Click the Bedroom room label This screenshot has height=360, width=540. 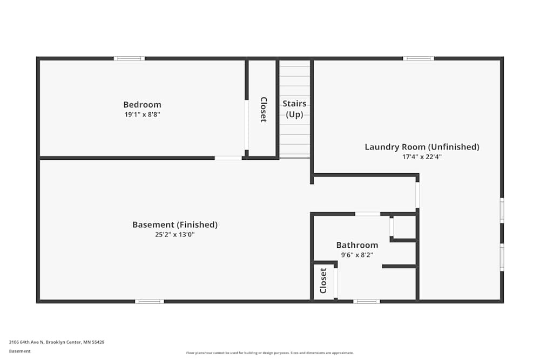pyautogui.click(x=142, y=105)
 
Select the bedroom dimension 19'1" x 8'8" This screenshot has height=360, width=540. pyautogui.click(x=142, y=114)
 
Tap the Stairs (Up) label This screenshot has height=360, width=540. pyautogui.click(x=294, y=108)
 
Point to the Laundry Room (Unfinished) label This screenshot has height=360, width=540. pyautogui.click(x=422, y=147)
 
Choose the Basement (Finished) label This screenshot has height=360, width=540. pyautogui.click(x=175, y=225)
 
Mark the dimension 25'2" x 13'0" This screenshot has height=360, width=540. pyautogui.click(x=175, y=234)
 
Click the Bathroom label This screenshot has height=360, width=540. pyautogui.click(x=357, y=245)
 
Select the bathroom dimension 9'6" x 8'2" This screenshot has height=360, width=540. pyautogui.click(x=357, y=254)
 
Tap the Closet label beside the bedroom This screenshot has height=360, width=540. pyautogui.click(x=264, y=110)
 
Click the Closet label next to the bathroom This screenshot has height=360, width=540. pyautogui.click(x=323, y=281)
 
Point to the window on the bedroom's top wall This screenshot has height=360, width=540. pyautogui.click(x=129, y=58)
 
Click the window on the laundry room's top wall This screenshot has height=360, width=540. pyautogui.click(x=418, y=58)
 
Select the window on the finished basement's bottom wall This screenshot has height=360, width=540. pyautogui.click(x=150, y=301)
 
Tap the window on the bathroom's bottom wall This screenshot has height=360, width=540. pyautogui.click(x=367, y=301)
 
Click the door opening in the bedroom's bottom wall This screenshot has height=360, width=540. pyautogui.click(x=228, y=158)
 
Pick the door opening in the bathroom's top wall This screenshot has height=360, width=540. pyautogui.click(x=368, y=214)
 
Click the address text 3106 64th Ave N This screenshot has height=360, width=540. pyautogui.click(x=57, y=342)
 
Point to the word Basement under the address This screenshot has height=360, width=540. pyautogui.click(x=20, y=351)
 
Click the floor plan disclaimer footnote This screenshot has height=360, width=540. pyautogui.click(x=269, y=352)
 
